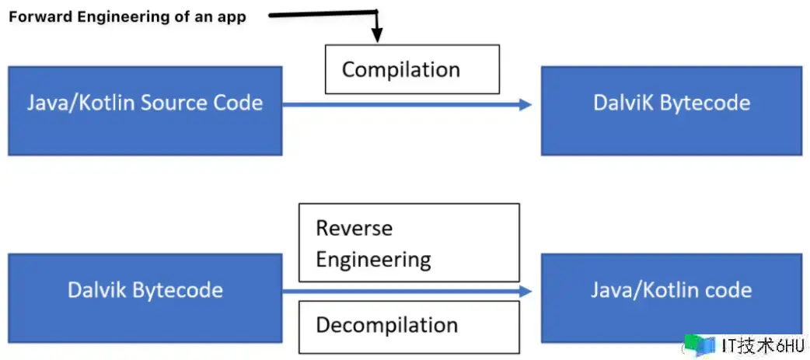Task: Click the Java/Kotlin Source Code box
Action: tap(145, 110)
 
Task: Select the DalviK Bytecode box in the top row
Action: tap(672, 110)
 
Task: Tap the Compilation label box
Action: tap(412, 69)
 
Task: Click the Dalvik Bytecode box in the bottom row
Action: tap(145, 298)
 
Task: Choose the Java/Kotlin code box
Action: tap(672, 298)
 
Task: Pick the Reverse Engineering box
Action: tap(409, 243)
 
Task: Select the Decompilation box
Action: tap(409, 325)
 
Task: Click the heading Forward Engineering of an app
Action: tap(127, 17)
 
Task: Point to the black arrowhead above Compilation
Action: tap(377, 36)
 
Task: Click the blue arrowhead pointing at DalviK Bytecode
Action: tap(525, 105)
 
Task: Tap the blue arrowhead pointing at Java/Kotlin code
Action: tap(525, 292)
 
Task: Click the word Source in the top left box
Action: tap(173, 103)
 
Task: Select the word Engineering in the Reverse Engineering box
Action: tap(373, 260)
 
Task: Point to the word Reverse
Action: tap(354, 228)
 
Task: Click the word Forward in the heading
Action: tap(40, 17)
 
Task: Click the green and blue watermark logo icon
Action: tap(700, 345)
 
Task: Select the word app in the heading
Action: tap(234, 18)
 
